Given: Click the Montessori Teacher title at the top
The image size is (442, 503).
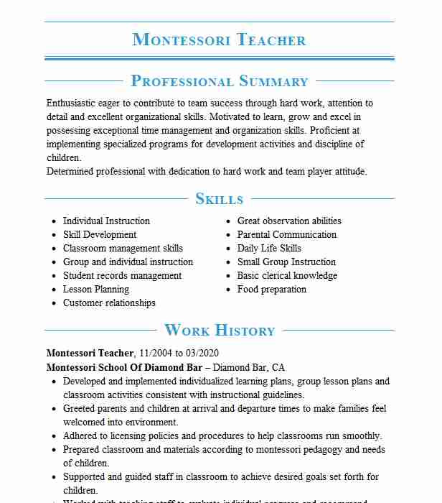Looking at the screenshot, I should pos(219,40).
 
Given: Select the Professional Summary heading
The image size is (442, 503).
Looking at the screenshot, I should pos(219,81).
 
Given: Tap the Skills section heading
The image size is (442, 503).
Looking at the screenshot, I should pos(219,199).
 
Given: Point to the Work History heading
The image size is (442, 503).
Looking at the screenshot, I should pos(219,331).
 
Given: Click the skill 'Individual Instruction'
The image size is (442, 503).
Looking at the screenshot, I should pos(106,221).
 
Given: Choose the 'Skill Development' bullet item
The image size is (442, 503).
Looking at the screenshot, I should pos(100,235).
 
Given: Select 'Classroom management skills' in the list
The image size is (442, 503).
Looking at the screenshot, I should pos(123,249).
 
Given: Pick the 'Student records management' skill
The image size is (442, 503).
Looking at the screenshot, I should pos(122,276).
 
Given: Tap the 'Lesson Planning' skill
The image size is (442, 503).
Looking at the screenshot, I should pos(96,290).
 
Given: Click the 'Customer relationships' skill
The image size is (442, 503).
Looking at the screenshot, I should pos(109,303).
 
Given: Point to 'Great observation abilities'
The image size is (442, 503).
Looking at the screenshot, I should pos(289,221).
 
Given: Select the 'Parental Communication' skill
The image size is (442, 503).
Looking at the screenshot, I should pos(287,235).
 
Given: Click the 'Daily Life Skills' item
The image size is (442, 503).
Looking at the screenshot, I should pos(269,249).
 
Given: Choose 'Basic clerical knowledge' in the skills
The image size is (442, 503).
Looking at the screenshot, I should pos(287,276).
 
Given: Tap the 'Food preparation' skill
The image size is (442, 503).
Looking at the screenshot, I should pos(272,290).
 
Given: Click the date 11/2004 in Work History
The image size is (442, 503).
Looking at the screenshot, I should pos(156,353).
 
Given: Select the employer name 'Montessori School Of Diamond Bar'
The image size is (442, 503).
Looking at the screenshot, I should pos(124,366).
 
